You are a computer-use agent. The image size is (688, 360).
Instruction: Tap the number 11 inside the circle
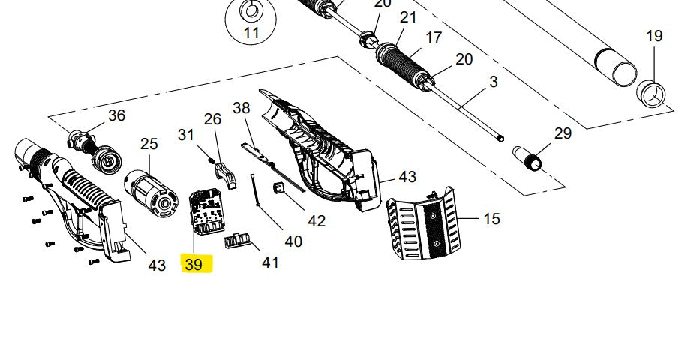251,33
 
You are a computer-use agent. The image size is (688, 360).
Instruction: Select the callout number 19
654,36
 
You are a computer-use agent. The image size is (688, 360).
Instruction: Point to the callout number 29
563,133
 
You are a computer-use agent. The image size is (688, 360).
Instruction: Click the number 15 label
491,219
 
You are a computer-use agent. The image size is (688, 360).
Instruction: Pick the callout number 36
116,115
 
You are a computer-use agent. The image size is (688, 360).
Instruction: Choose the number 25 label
149,143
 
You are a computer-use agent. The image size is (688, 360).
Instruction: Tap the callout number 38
241,108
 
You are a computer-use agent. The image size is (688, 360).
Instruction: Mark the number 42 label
317,220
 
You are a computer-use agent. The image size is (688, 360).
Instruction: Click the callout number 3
494,82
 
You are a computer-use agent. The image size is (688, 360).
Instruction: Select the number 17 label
434,37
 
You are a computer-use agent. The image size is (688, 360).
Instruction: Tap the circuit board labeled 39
206,210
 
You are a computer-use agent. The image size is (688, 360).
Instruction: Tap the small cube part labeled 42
278,188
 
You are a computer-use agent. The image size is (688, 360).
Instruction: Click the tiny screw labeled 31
212,159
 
